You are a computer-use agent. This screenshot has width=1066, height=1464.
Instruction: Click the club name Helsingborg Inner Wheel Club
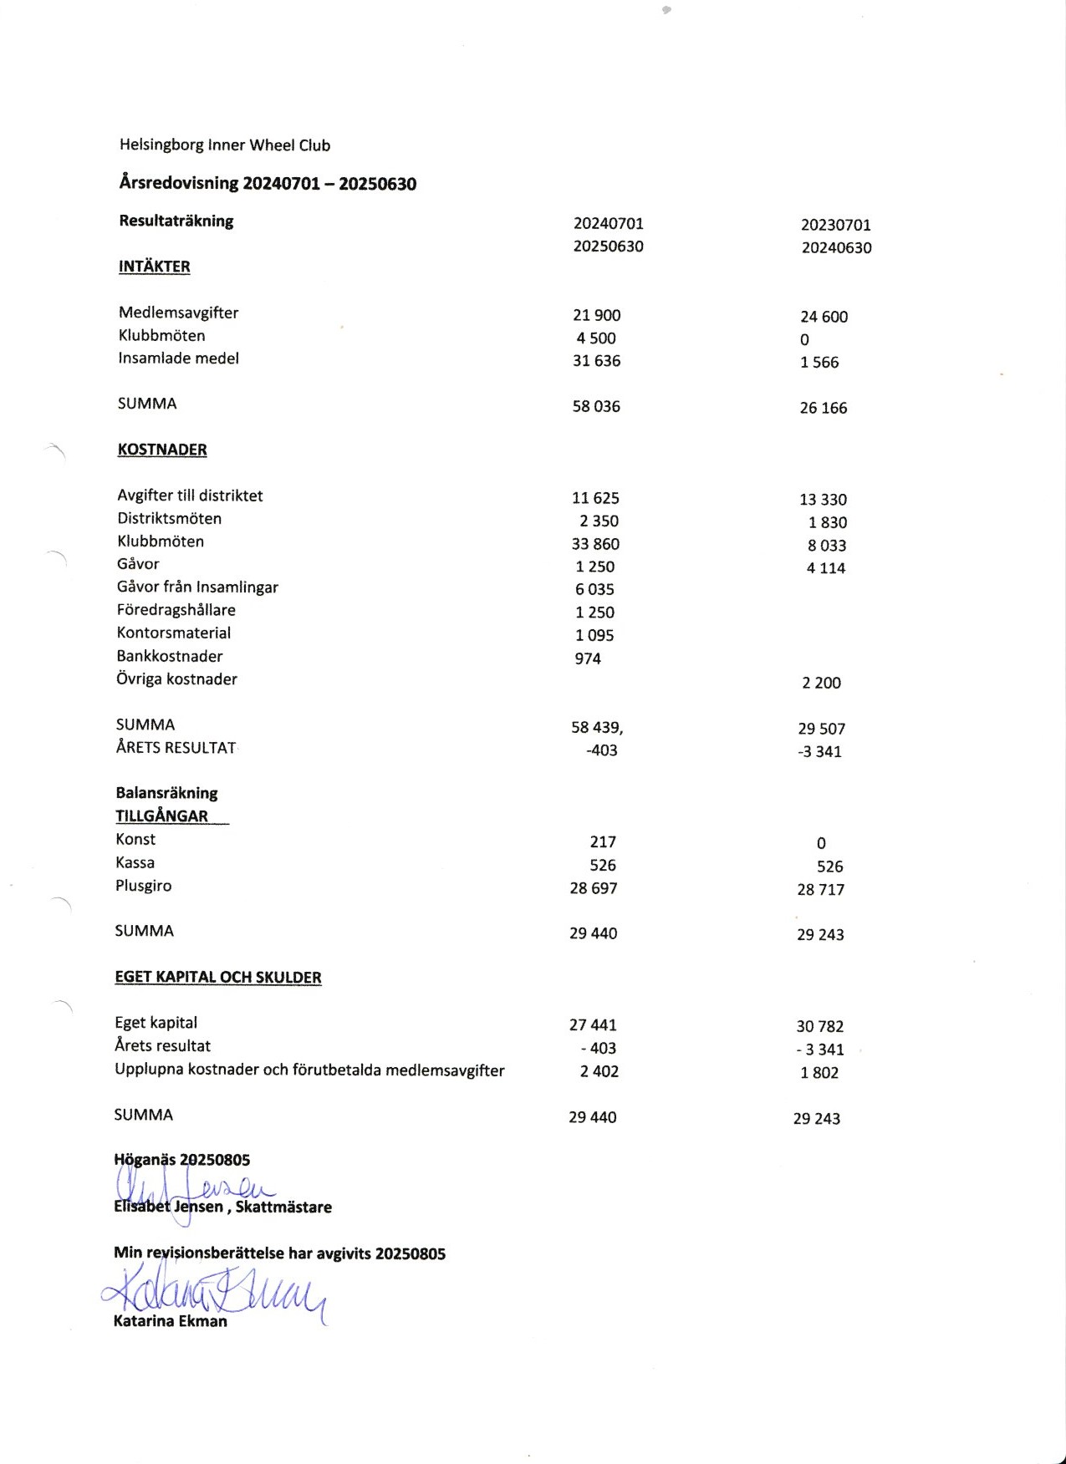click(225, 145)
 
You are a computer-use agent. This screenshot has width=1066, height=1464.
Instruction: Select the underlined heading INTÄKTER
click(155, 267)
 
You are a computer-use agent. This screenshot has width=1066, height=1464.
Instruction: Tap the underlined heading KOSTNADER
click(162, 450)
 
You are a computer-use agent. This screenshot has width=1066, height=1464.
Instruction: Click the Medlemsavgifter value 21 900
click(597, 315)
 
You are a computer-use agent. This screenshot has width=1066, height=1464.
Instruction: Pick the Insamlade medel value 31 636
click(597, 361)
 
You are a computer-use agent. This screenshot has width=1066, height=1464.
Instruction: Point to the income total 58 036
click(596, 407)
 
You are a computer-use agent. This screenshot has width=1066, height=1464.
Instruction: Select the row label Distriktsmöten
click(170, 519)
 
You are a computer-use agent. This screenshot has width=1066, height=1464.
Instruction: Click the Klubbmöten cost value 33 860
click(596, 544)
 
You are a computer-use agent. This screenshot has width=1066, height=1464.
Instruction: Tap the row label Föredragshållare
click(176, 610)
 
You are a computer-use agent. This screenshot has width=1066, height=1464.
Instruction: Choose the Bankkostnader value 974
click(588, 658)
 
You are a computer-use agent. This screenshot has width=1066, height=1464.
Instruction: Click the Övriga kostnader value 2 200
click(821, 683)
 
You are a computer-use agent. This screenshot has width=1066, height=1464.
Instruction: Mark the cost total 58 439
click(596, 728)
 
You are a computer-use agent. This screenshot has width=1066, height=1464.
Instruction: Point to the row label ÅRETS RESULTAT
click(176, 748)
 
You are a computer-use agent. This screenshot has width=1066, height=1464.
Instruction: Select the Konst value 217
click(603, 842)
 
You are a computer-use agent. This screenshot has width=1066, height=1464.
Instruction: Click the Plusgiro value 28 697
click(594, 888)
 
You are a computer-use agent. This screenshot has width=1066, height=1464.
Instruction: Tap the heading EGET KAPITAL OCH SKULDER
click(218, 978)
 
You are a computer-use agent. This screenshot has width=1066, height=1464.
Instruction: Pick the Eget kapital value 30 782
click(819, 1026)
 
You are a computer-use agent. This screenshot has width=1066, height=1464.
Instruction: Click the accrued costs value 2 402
click(599, 1071)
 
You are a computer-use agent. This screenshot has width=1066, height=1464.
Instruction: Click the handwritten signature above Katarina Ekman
click(213, 1294)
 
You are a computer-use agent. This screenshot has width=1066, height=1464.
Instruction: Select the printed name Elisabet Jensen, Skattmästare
click(223, 1207)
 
